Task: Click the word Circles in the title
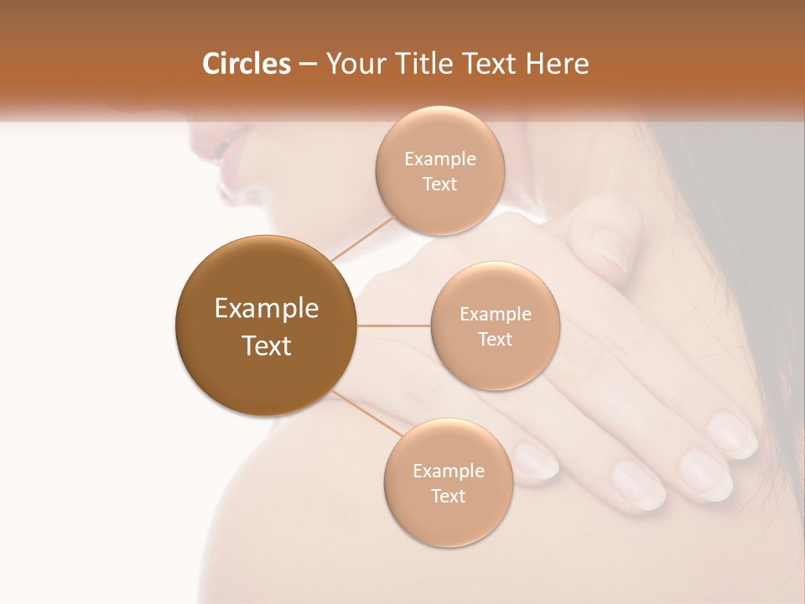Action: pos(246,64)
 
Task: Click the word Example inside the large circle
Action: pos(266,309)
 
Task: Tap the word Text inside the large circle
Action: pos(266,346)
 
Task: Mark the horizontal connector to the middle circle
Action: pos(393,325)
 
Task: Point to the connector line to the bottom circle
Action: pos(366,412)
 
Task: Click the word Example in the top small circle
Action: pos(439,159)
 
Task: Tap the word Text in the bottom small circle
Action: pos(448,496)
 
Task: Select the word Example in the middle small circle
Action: pos(495,315)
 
